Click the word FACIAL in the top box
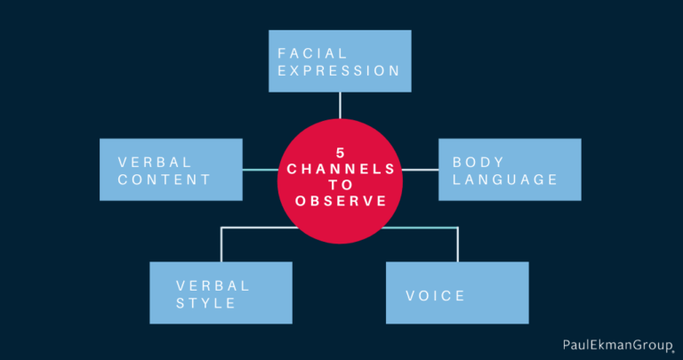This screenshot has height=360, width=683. point(312,53)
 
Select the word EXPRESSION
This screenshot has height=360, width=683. point(339,71)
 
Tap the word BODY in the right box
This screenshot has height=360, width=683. point(478,163)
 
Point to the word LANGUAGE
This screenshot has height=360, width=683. point(505,180)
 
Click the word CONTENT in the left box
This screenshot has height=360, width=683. point(165,180)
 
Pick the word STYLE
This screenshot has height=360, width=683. point(205,303)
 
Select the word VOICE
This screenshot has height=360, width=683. point(435,296)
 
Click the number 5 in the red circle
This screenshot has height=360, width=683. point(341,153)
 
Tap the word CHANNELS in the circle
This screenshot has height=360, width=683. point(341,169)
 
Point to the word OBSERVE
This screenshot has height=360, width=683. point(341,201)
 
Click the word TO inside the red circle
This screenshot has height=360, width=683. point(341,185)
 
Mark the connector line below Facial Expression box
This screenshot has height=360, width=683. point(340,105)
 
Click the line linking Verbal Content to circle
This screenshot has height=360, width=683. point(260,170)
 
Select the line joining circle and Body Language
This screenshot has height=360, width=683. point(420,170)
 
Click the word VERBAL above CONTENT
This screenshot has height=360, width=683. point(155,163)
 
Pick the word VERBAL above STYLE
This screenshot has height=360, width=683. point(213,286)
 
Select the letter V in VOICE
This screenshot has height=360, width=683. point(411,296)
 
